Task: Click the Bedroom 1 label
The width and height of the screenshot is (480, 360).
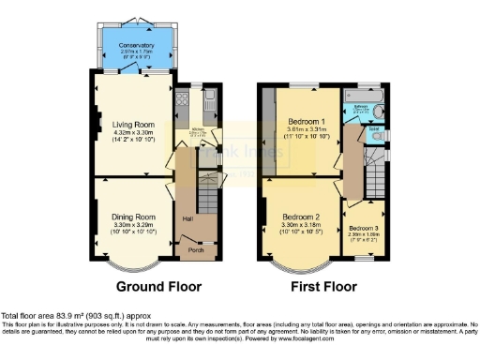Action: (x=307, y=124)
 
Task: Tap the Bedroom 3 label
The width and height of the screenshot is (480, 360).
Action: (x=363, y=228)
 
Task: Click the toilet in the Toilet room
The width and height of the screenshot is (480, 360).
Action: (x=381, y=138)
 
